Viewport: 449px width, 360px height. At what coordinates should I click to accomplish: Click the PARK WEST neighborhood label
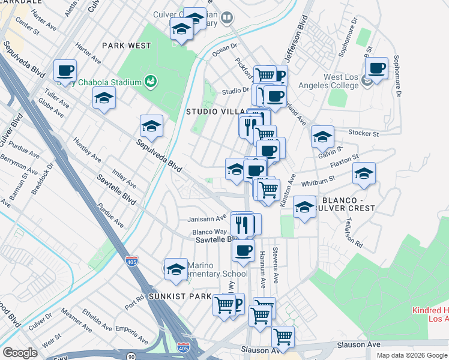[127, 46]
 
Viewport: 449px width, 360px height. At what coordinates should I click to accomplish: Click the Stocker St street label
[363, 133]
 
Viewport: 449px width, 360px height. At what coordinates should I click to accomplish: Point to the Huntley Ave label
[88, 150]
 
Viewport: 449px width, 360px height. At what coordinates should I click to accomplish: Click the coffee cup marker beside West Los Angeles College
[376, 69]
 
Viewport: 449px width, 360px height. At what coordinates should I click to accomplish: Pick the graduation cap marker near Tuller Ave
[104, 98]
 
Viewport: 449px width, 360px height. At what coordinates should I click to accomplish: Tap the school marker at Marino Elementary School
[176, 269]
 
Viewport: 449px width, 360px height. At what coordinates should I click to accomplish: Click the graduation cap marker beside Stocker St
[322, 137]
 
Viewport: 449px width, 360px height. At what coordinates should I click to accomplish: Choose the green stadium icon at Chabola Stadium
[151, 82]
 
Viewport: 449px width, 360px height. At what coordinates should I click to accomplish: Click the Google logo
[20, 353]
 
